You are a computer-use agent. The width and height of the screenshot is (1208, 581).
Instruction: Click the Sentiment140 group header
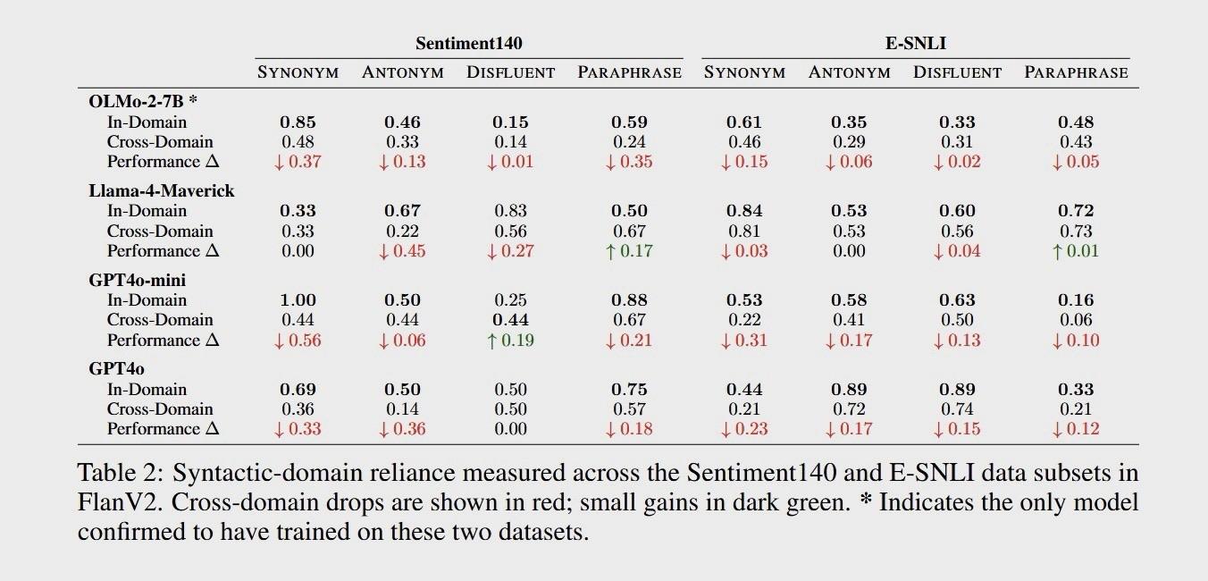tap(468, 43)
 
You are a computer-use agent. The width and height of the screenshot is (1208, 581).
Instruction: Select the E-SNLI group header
tap(915, 43)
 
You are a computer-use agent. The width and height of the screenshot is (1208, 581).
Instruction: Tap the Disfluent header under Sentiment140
tap(510, 72)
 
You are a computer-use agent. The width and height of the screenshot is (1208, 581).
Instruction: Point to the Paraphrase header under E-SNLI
tap(1076, 72)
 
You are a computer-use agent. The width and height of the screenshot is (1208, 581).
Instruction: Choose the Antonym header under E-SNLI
tap(849, 72)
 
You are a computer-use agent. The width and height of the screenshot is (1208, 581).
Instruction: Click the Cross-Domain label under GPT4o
tap(160, 409)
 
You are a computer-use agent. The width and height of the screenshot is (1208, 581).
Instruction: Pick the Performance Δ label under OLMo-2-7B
tap(163, 162)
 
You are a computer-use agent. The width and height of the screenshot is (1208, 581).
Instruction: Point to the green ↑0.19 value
tap(510, 341)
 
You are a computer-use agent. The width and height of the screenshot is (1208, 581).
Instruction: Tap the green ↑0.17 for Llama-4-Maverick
tap(629, 251)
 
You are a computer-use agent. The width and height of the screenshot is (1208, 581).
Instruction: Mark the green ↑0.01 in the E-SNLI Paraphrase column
tap(1076, 251)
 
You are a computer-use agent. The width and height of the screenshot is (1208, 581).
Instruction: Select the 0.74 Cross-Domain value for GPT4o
tap(956, 409)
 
